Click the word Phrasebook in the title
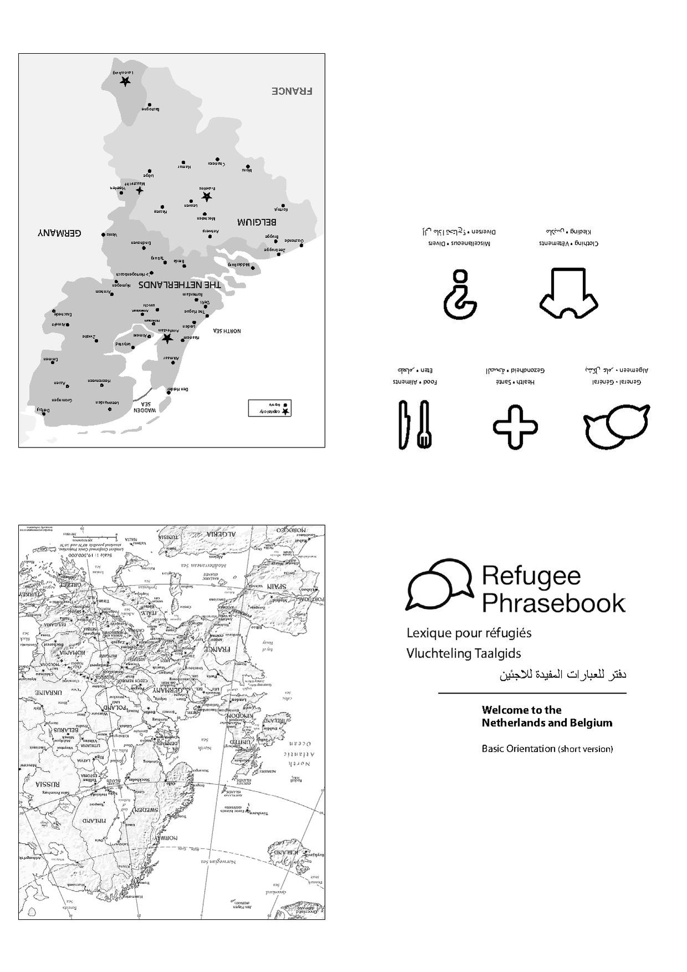[x=553, y=603]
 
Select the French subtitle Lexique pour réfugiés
[x=469, y=633]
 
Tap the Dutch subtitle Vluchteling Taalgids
[x=464, y=653]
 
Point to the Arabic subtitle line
[x=563, y=675]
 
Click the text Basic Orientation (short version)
[x=547, y=749]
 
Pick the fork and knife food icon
[x=415, y=424]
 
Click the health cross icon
[x=515, y=426]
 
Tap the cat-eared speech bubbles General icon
[x=616, y=426]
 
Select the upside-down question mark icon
[x=460, y=294]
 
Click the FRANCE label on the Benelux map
[x=292, y=91]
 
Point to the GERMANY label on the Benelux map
[x=59, y=233]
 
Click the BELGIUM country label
[x=257, y=222]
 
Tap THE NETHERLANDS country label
[x=179, y=284]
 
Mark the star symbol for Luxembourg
[x=125, y=82]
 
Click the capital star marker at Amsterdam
[x=167, y=338]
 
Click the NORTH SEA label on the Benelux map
[x=227, y=331]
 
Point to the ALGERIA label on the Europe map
[x=220, y=534]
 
